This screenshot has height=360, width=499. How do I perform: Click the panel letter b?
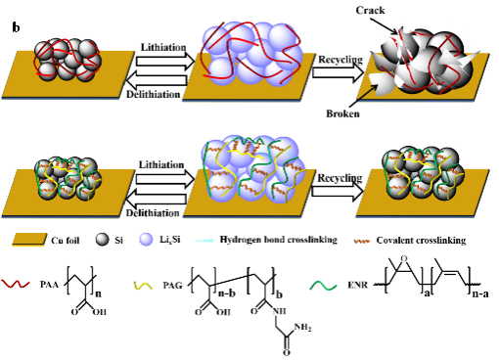16,27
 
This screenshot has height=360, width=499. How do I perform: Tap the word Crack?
370,10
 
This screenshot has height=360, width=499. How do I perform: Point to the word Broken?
342,113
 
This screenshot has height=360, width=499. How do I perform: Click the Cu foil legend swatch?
29,240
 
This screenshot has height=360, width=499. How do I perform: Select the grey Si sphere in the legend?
102,240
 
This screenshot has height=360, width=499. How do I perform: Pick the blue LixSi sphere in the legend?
146,240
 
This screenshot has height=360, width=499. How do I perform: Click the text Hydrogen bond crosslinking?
279,240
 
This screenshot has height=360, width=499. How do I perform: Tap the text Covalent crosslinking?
421,241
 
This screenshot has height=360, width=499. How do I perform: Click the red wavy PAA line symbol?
16,284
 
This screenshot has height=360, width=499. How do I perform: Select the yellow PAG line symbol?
143,286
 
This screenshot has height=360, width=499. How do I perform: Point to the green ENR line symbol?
323,286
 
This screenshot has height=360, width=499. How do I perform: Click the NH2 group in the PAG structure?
302,327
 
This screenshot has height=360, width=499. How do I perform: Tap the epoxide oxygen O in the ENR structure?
404,259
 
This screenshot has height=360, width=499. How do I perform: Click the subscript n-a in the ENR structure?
480,293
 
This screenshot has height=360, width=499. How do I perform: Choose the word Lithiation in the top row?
163,47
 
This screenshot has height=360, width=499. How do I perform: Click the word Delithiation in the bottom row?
153,213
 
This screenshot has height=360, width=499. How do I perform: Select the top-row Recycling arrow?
338,72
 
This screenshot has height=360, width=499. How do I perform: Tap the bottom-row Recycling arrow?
338,192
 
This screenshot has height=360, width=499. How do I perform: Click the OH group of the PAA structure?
99,312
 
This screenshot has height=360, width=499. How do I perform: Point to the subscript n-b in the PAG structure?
227,293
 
